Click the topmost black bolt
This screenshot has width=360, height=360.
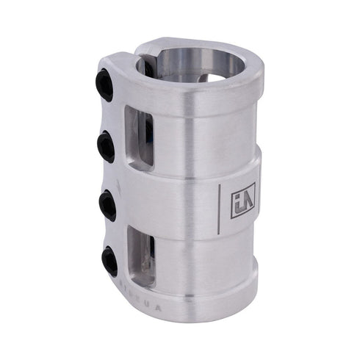tap(106, 84)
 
